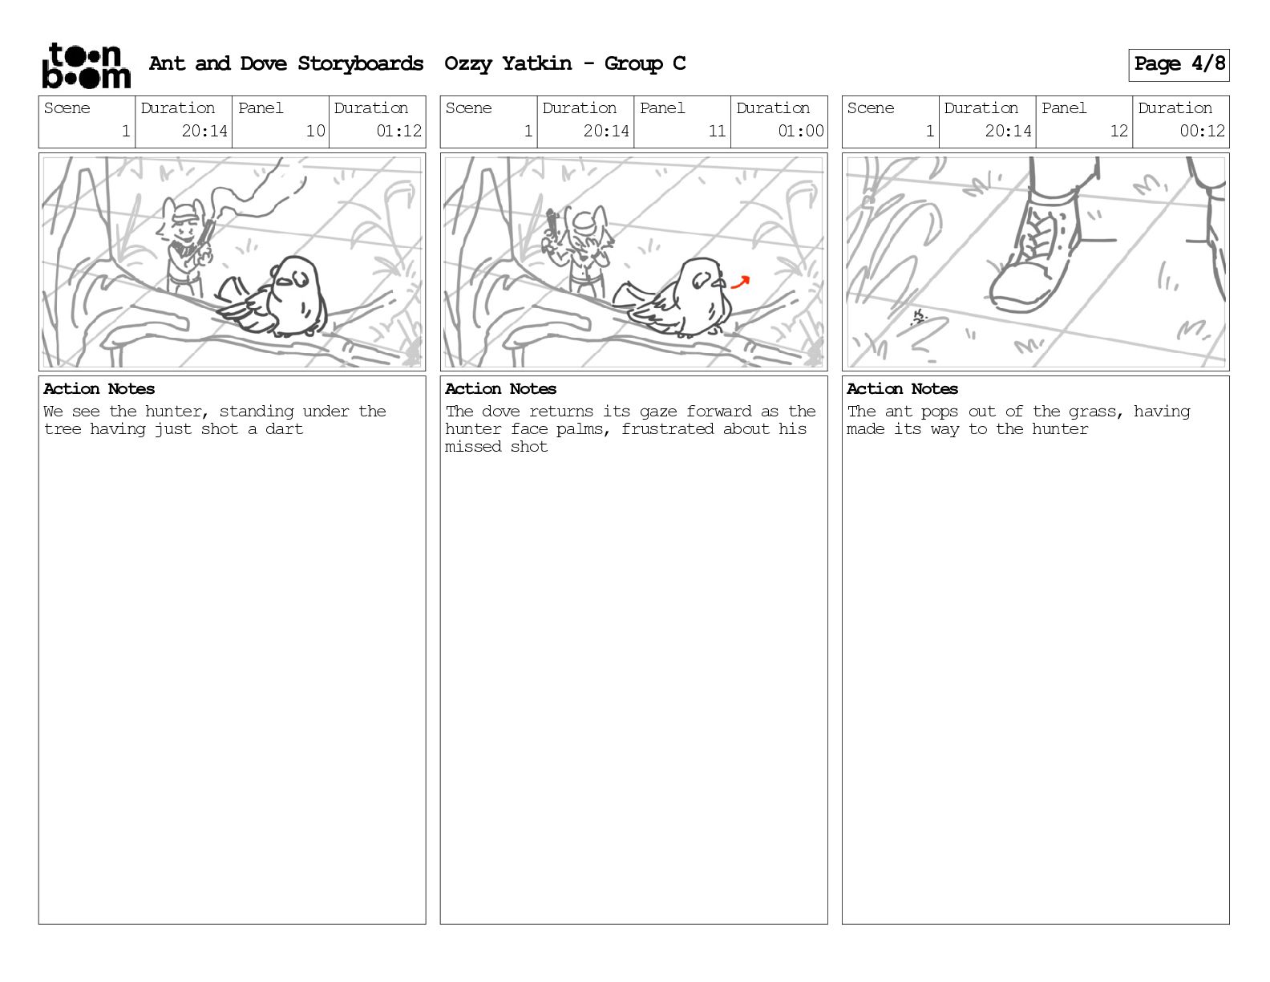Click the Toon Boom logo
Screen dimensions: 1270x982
(x=87, y=66)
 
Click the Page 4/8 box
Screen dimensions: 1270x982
(x=1179, y=65)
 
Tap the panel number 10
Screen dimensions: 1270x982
(x=316, y=131)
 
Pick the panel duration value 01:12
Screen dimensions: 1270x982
(x=398, y=131)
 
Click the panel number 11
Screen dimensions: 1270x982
(x=717, y=131)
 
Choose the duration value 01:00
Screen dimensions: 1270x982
(x=801, y=131)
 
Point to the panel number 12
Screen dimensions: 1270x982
(x=1118, y=131)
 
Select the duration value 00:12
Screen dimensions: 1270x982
(x=1202, y=131)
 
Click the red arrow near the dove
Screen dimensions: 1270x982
(x=740, y=283)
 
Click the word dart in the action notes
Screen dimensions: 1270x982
(x=284, y=429)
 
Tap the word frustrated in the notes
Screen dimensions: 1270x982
(x=667, y=429)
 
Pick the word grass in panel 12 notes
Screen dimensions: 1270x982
(x=1095, y=412)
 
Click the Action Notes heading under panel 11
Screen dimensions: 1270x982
(x=500, y=389)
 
